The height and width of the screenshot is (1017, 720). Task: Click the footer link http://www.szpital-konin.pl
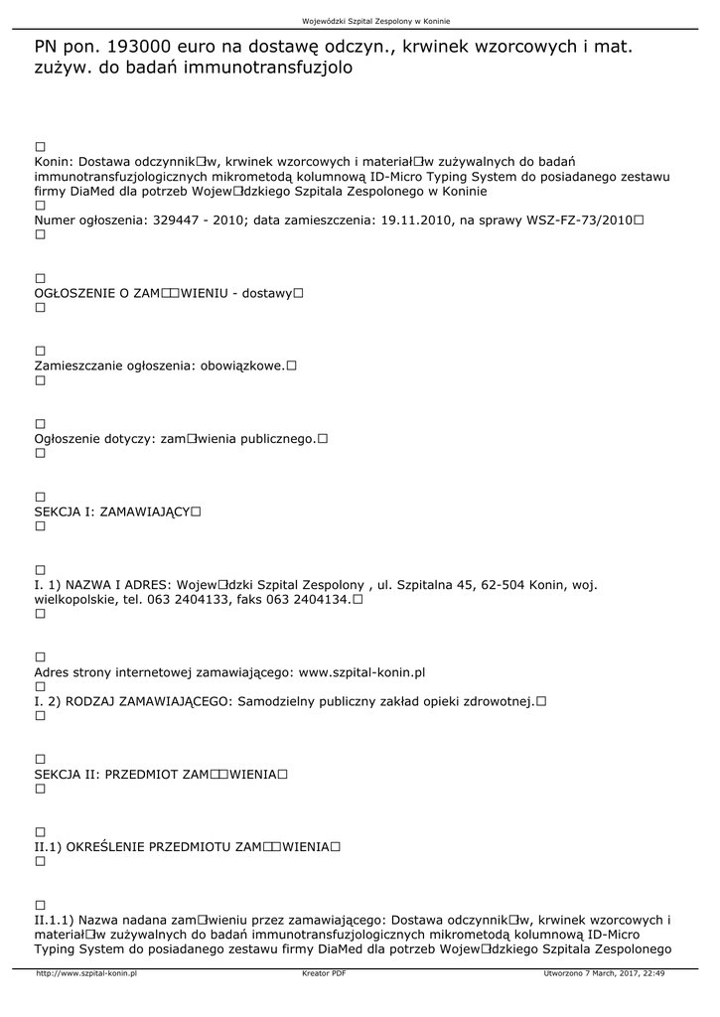(x=85, y=974)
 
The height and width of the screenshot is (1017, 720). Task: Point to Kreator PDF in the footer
(x=324, y=974)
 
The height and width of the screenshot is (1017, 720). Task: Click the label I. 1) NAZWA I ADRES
(x=103, y=585)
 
